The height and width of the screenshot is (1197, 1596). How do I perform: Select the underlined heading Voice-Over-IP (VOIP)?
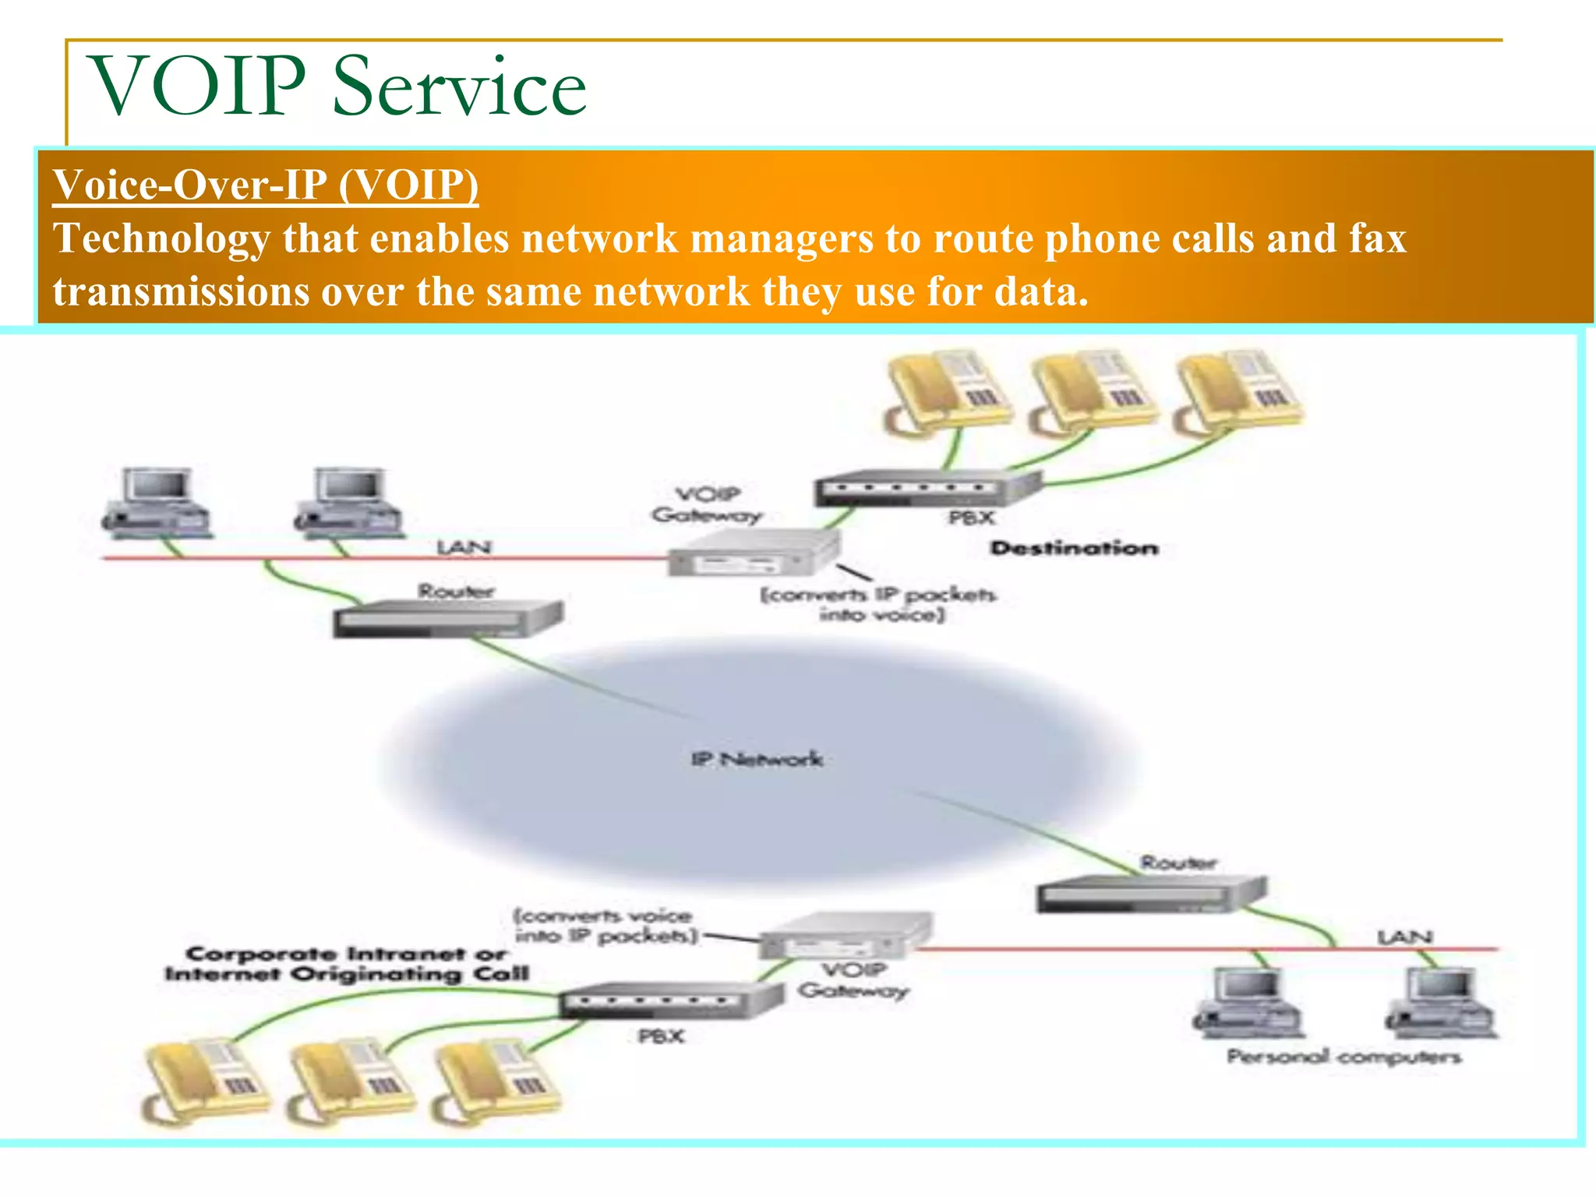click(266, 185)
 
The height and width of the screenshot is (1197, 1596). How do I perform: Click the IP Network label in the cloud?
click(756, 758)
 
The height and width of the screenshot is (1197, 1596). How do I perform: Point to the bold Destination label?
click(1074, 548)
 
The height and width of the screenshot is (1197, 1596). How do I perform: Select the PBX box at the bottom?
click(670, 1001)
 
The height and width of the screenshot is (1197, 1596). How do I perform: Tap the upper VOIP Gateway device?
click(752, 554)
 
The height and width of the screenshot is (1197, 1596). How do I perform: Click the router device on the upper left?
click(447, 619)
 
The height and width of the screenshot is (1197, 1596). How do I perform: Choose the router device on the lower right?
click(1150, 893)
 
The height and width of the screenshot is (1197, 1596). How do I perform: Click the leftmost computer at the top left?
click(157, 503)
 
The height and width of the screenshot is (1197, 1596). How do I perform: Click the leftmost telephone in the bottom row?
click(206, 1082)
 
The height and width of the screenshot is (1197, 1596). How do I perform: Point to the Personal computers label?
click(1344, 1057)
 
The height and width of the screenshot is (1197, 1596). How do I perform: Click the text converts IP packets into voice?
click(879, 604)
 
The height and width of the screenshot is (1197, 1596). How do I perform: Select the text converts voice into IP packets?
click(605, 925)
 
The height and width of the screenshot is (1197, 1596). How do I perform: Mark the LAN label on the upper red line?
click(464, 546)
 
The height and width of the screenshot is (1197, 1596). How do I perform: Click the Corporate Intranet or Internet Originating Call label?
click(346, 964)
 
